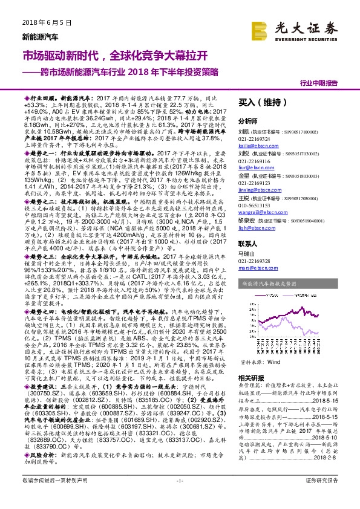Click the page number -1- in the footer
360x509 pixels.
(x=179, y=497)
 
